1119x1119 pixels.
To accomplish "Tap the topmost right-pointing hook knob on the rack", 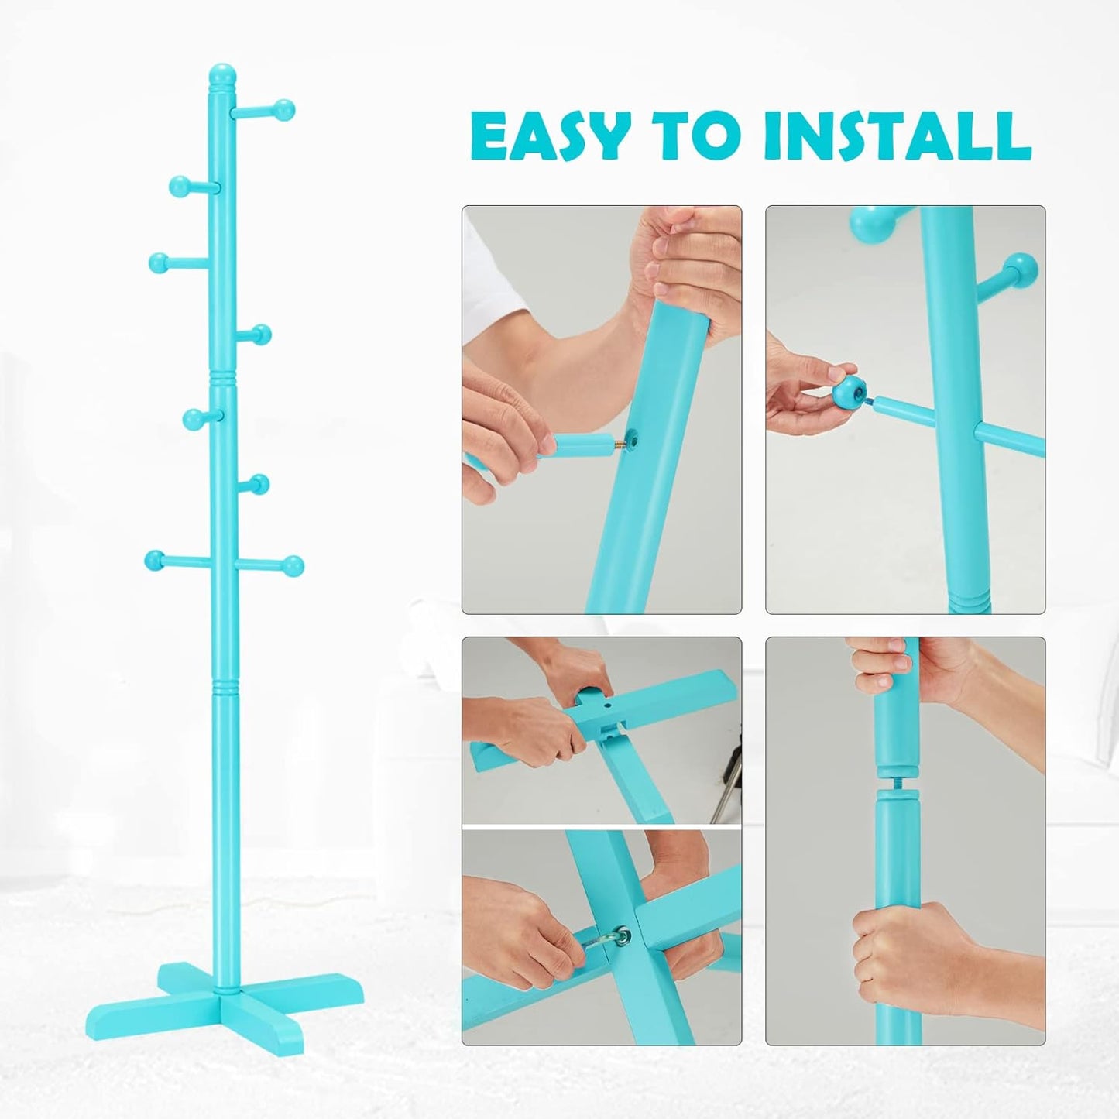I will click(286, 109).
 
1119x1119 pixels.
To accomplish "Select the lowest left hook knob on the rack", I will click(154, 558).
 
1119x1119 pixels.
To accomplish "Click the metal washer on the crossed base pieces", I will click(620, 937).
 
